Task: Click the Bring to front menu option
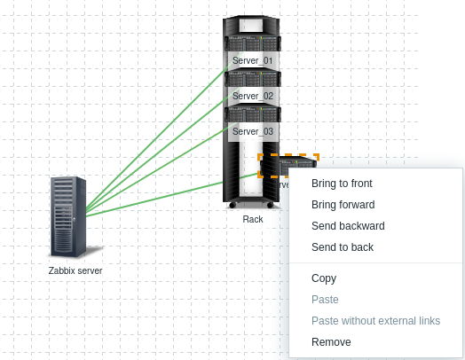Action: point(342,184)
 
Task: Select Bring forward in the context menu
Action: point(343,205)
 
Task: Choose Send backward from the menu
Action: point(348,226)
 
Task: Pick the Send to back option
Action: point(343,247)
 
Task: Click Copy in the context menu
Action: point(324,278)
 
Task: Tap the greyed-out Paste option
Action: point(325,300)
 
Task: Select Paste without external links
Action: point(375,321)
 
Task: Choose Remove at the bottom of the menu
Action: point(331,342)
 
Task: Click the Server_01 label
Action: point(253,61)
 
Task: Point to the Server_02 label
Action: point(253,96)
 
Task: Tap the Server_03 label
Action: point(253,131)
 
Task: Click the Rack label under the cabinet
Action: point(253,219)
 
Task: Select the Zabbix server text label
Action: point(75,270)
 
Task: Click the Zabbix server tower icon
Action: point(68,216)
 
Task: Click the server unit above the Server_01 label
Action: point(253,43)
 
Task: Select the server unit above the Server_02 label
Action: point(253,79)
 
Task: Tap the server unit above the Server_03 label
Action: point(253,114)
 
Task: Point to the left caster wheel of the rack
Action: point(232,205)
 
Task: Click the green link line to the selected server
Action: point(172,195)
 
